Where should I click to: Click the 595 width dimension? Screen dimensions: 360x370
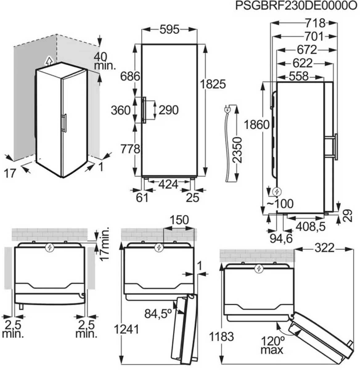(169, 30)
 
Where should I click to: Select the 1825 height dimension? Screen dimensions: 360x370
(213, 84)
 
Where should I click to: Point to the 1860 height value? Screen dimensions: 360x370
(257, 125)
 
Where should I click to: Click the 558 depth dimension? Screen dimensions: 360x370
(298, 76)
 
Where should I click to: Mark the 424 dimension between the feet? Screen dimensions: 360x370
(168, 184)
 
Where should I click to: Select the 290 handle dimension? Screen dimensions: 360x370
(169, 110)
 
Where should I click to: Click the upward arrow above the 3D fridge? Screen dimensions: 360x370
(49, 61)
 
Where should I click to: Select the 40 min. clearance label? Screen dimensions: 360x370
(105, 61)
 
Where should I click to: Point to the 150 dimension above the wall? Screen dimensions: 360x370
(179, 220)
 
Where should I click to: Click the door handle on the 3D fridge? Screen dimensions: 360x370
(65, 123)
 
